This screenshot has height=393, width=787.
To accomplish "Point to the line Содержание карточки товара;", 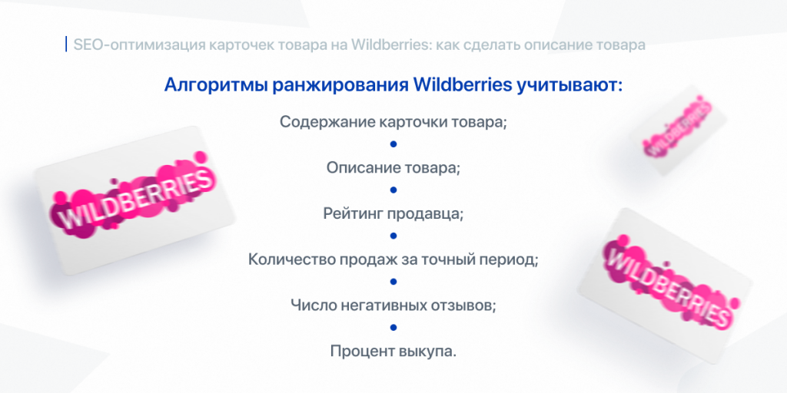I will click(x=393, y=122).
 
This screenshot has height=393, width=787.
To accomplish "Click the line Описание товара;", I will click(x=393, y=167).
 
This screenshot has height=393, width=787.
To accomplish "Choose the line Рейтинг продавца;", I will click(x=393, y=213).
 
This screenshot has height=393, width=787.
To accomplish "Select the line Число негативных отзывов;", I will click(x=393, y=305).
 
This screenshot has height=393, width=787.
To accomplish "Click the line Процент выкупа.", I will click(x=393, y=352).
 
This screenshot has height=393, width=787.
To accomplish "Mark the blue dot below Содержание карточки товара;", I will click(x=393, y=144).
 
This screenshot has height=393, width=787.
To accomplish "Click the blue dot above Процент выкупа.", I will click(x=393, y=328).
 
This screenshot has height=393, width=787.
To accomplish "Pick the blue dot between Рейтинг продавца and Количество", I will click(x=393, y=236).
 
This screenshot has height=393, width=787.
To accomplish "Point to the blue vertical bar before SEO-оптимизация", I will click(x=67, y=44).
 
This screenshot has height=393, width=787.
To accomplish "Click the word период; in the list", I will click(x=509, y=259).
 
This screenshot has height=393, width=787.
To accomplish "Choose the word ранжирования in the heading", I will click(x=340, y=84).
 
